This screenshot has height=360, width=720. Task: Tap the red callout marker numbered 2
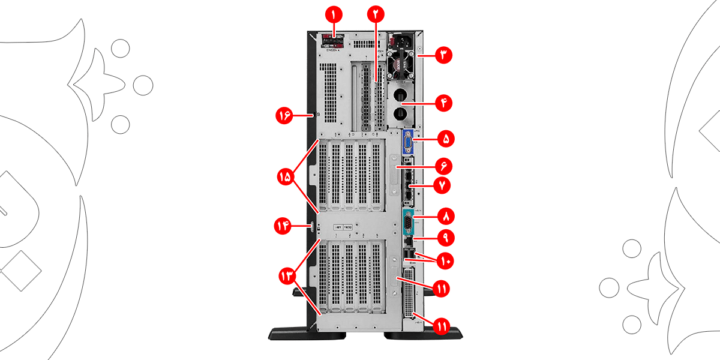(x=376, y=14)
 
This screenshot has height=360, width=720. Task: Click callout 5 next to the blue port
(x=445, y=139)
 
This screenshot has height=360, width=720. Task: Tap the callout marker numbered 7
(x=443, y=185)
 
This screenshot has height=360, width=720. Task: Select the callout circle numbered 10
(x=445, y=261)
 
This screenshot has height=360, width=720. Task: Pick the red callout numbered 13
(x=286, y=275)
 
